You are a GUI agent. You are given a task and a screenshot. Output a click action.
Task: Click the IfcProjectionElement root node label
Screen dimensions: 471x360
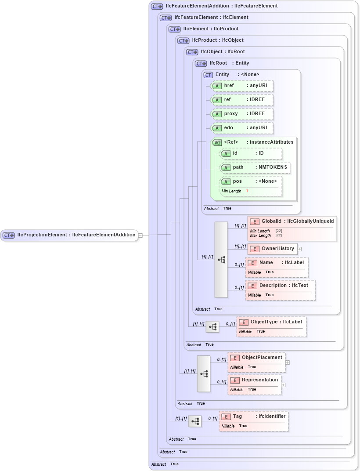click(x=70, y=235)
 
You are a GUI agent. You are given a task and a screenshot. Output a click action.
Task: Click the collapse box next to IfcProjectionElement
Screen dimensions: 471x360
click(x=140, y=235)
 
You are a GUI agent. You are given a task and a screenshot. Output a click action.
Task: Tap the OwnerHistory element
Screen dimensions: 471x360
click(x=272, y=249)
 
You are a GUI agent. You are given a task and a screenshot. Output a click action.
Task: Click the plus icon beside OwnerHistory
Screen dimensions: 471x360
click(x=299, y=249)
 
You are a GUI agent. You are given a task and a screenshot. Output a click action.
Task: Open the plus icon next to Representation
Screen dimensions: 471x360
click(x=283, y=384)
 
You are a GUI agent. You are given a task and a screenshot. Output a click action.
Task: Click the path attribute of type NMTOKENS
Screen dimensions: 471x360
click(x=255, y=167)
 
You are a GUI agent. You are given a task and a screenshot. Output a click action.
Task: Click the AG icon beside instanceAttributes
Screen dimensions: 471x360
click(x=217, y=142)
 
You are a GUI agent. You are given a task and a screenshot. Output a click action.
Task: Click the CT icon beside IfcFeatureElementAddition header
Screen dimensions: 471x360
click(x=157, y=6)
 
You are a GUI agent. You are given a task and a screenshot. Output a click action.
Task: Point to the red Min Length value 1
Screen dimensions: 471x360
click(x=247, y=191)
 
